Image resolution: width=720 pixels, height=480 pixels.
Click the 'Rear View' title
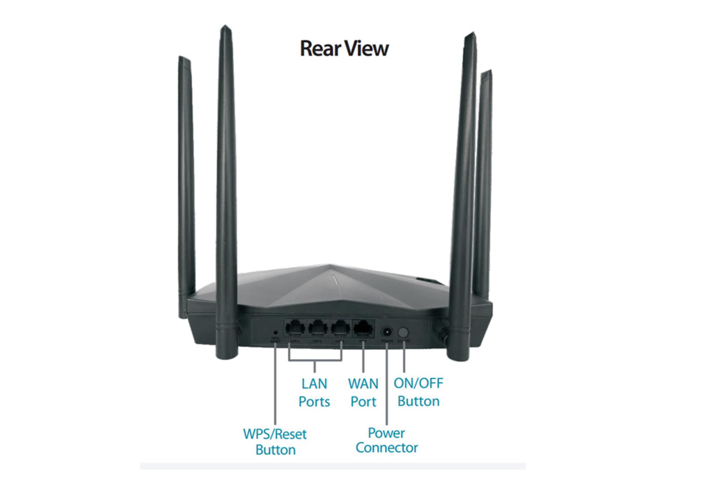coord(344,49)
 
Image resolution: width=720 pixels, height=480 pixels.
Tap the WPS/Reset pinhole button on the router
coord(276,332)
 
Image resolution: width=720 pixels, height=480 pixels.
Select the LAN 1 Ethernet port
coord(295,328)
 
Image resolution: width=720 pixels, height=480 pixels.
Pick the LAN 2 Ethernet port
coord(318,328)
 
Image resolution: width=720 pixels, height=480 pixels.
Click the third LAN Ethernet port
coord(340,328)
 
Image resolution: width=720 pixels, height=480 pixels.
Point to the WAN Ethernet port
coord(363,328)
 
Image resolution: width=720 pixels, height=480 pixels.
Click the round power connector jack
coord(387,332)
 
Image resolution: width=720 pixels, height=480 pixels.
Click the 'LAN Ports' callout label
coord(314,393)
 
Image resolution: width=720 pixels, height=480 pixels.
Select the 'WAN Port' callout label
coord(363,393)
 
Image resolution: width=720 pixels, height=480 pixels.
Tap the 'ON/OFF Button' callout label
coord(418,392)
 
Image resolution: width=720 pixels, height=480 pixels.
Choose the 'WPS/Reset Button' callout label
coord(275,442)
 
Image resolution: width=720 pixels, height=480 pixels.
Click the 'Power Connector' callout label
coord(387,440)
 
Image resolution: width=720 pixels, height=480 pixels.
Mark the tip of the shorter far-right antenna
coord(487,72)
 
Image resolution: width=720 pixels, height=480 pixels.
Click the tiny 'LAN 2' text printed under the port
coord(318,341)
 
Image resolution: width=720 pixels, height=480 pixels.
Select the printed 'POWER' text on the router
coord(387,341)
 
